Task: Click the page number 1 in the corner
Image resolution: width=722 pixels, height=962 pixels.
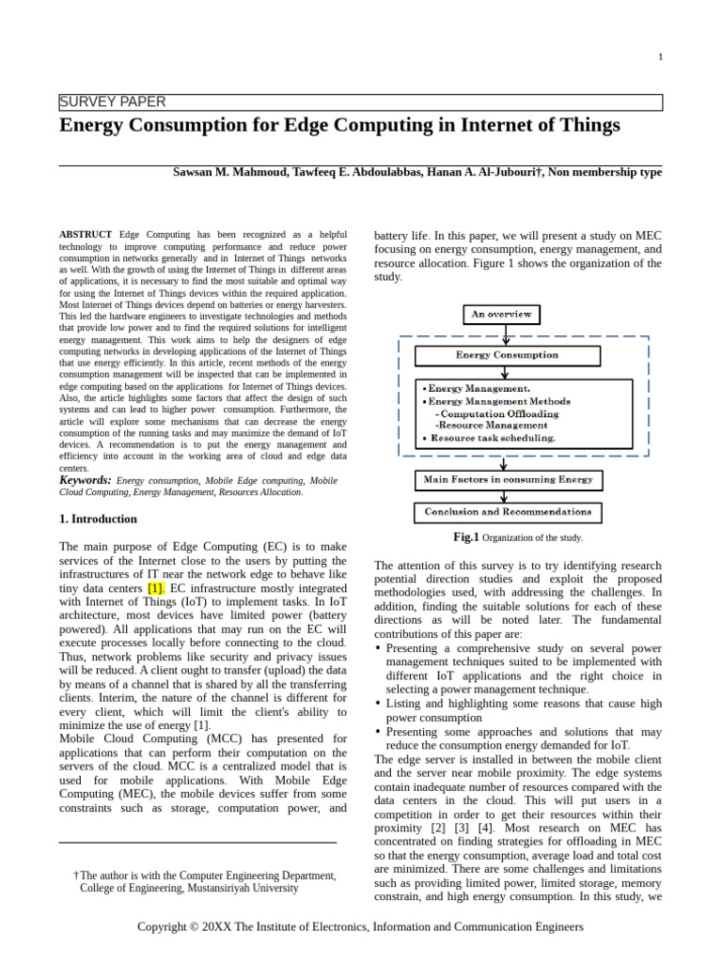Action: point(660,56)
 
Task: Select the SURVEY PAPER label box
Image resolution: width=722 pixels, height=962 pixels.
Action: point(360,102)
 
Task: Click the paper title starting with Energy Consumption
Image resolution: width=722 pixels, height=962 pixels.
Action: point(339,125)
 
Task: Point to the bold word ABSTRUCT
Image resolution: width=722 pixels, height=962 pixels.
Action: point(86,234)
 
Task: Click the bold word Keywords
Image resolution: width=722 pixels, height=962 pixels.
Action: point(86,480)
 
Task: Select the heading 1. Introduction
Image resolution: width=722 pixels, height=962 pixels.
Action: point(98,519)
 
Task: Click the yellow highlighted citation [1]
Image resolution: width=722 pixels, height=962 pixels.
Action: point(156,588)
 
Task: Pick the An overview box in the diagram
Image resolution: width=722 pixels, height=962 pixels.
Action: point(502,315)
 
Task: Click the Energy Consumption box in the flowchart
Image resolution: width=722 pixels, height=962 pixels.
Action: point(507,355)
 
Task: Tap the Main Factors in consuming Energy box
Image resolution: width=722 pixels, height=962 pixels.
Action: point(508,480)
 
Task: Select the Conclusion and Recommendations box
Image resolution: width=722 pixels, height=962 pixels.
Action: point(508,513)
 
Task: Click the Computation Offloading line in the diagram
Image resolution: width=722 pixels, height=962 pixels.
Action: point(498,413)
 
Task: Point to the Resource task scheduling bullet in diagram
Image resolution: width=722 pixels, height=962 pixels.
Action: point(491,438)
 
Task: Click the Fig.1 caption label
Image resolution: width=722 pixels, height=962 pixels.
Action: point(466,537)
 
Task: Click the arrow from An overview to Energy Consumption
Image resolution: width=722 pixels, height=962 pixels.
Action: point(506,335)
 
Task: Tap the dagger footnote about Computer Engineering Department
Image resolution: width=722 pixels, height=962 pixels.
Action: point(205,881)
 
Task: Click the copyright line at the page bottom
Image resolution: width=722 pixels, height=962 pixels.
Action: point(360,926)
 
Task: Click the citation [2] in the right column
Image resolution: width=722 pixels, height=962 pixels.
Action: point(438,829)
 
